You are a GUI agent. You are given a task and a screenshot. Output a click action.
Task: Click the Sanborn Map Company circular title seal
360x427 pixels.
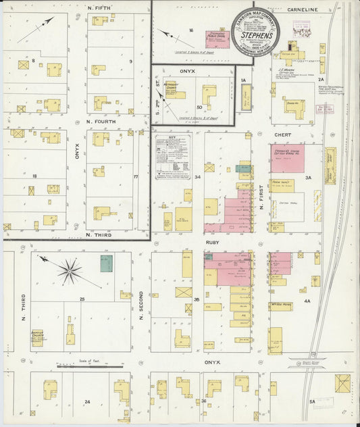255,31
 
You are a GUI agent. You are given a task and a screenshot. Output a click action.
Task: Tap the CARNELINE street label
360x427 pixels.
301,9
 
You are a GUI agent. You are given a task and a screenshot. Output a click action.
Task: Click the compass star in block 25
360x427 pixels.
69,272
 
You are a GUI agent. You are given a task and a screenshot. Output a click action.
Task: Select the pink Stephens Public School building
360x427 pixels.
217,39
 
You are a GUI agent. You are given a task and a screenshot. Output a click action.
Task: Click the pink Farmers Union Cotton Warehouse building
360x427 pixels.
287,158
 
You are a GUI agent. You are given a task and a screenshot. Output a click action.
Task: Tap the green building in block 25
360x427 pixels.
107,263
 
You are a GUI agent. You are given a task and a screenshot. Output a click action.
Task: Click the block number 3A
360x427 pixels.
307,178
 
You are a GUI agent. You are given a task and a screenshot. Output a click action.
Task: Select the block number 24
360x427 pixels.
87,402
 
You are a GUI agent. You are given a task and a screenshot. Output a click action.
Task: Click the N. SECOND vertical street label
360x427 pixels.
141,303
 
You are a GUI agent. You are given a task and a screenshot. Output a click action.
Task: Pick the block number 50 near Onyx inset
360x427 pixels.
199,107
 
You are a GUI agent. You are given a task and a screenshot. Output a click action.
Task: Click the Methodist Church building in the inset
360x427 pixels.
175,89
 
